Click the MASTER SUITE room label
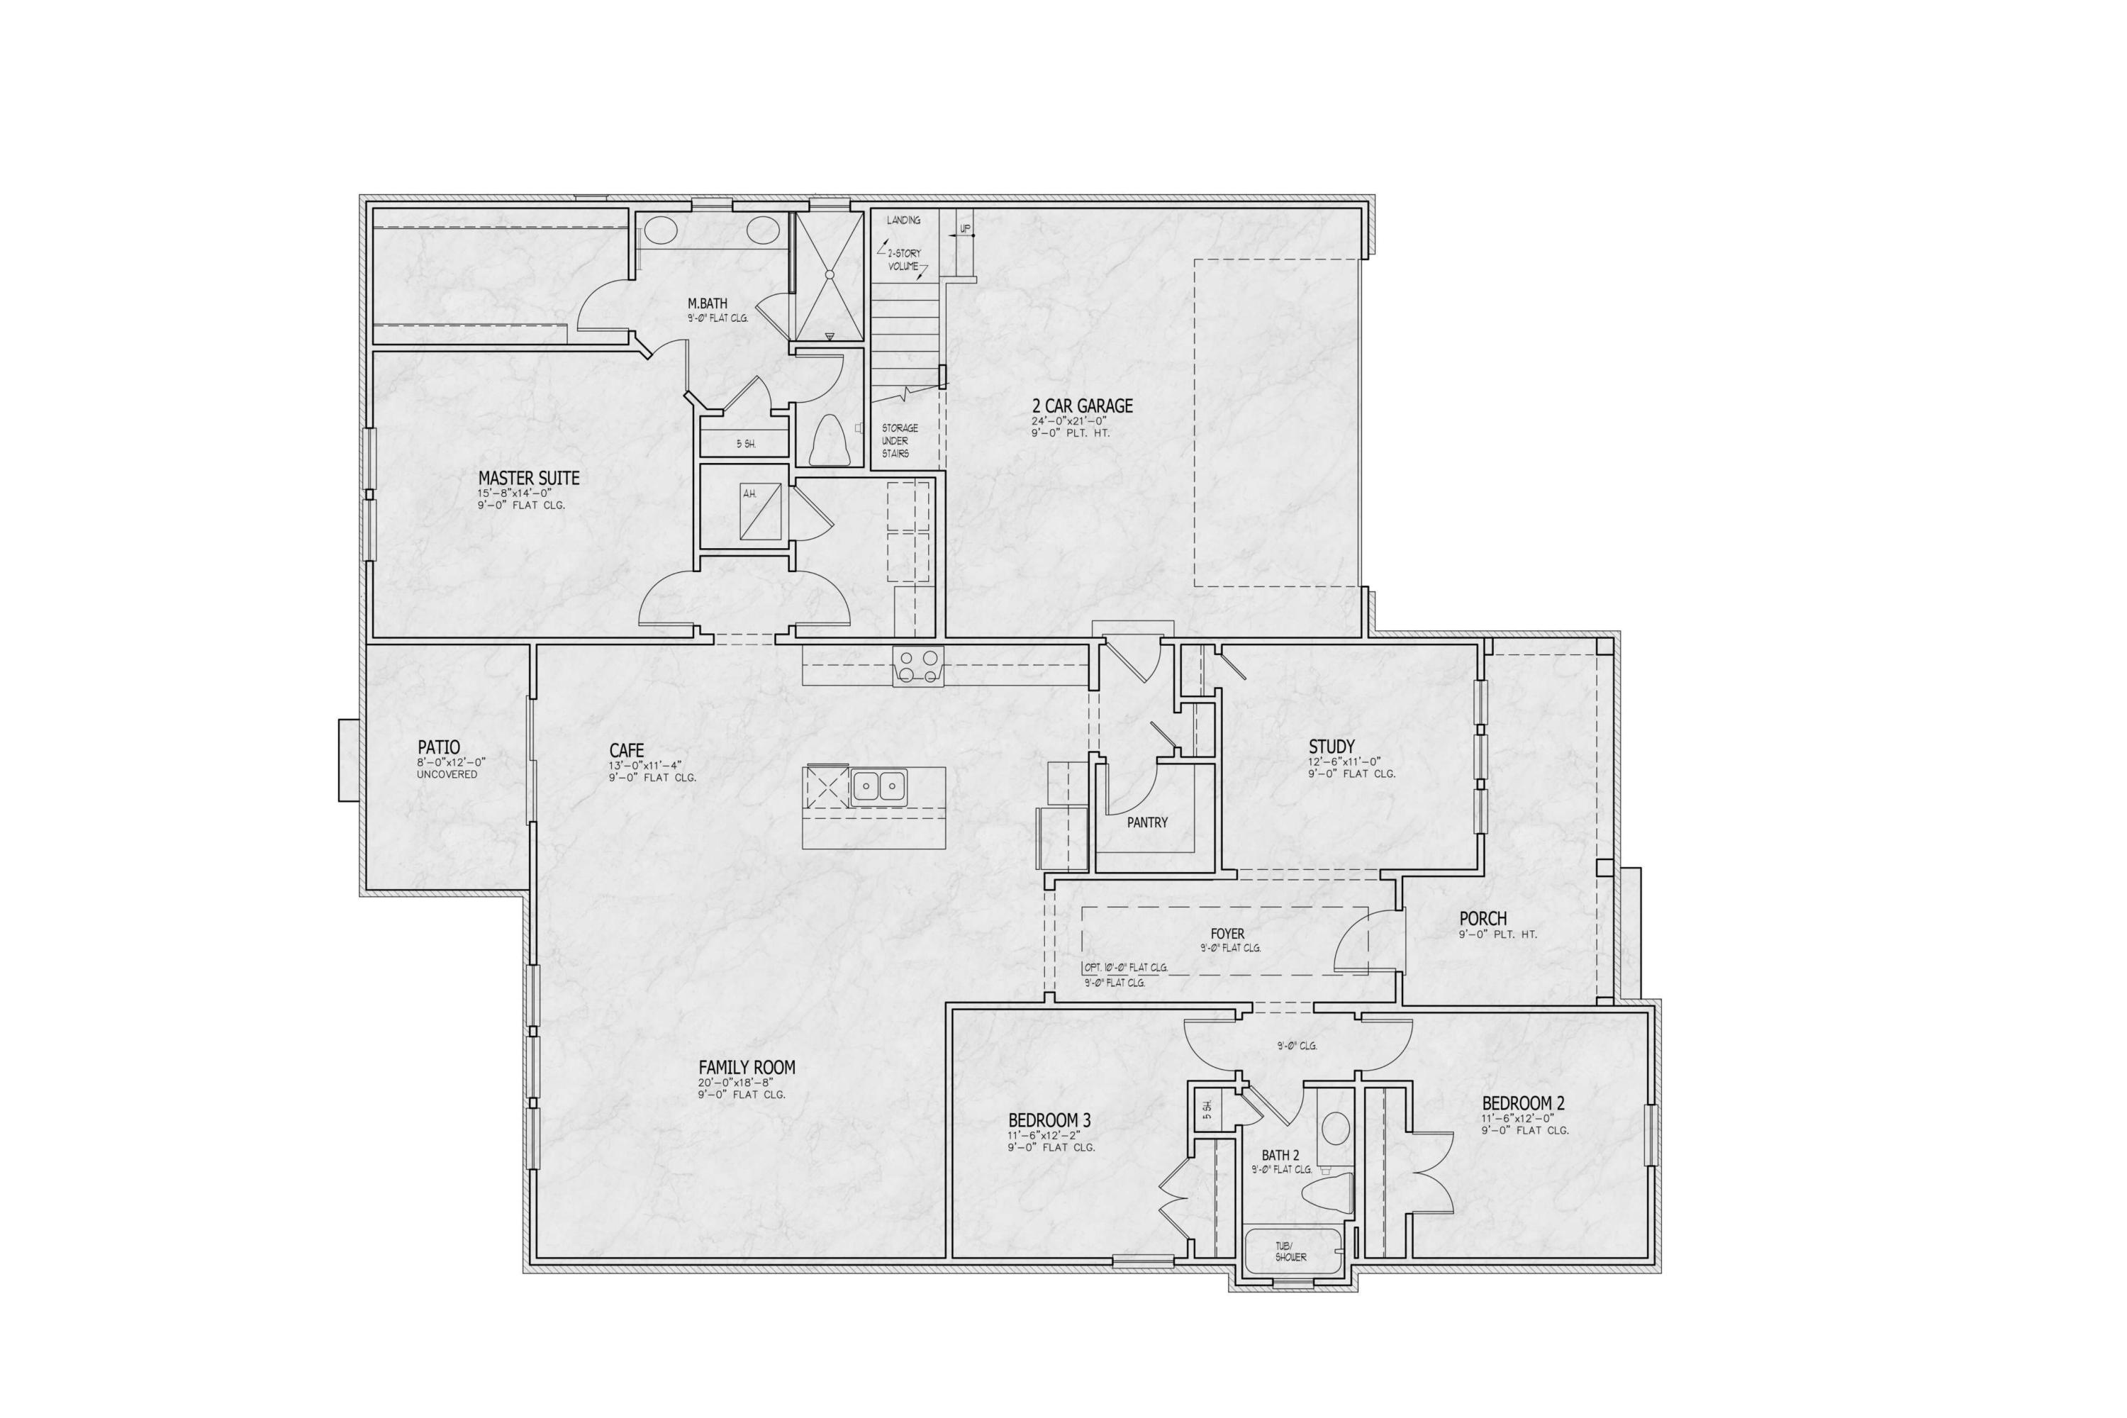click(529, 479)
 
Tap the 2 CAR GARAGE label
click(1083, 407)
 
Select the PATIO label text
click(439, 748)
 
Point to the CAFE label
click(627, 751)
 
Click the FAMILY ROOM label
click(747, 1068)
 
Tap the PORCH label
click(1483, 919)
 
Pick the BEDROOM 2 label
click(1523, 1103)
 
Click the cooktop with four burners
click(918, 667)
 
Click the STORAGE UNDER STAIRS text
click(900, 440)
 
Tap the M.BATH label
click(707, 304)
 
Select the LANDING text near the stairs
click(903, 220)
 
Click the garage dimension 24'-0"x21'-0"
click(1069, 421)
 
